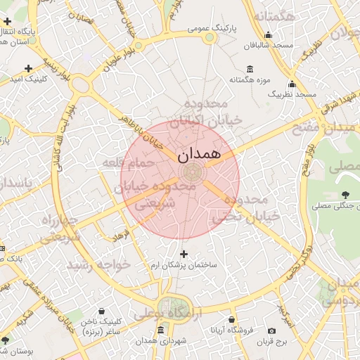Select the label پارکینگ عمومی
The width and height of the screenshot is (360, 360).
point(213,29)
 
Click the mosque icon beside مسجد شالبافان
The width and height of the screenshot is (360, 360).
point(267,35)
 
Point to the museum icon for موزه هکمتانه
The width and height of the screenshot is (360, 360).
point(250,69)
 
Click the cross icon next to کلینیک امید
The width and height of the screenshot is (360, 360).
point(28,69)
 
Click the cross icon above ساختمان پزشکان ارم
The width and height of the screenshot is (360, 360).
point(184,254)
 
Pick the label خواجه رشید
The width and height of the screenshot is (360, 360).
point(98,265)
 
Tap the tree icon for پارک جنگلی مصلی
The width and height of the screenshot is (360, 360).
point(345,195)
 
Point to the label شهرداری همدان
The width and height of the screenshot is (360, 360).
point(161,341)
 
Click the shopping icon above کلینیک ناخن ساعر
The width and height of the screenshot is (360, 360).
point(102,310)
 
